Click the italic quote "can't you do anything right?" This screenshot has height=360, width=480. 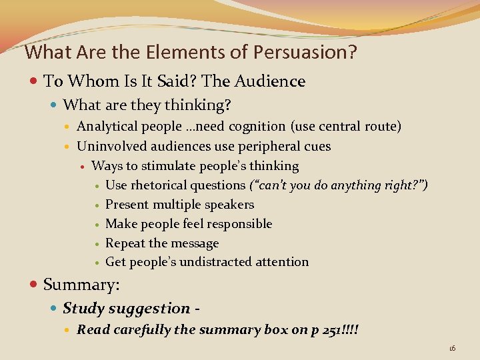click(x=338, y=185)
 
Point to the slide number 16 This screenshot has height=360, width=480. click(x=452, y=348)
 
